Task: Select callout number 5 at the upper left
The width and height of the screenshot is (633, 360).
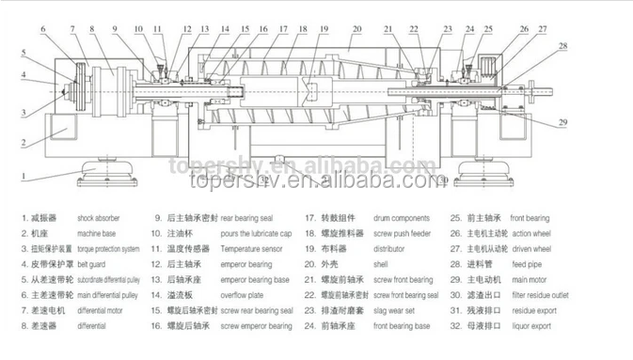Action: coord(23,54)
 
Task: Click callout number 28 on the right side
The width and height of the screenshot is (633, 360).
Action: coord(562,45)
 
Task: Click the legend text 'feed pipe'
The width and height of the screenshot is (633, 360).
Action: coord(526,264)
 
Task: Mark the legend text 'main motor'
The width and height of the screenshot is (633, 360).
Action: coord(529,280)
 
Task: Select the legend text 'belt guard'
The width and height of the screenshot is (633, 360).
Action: coord(95,265)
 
